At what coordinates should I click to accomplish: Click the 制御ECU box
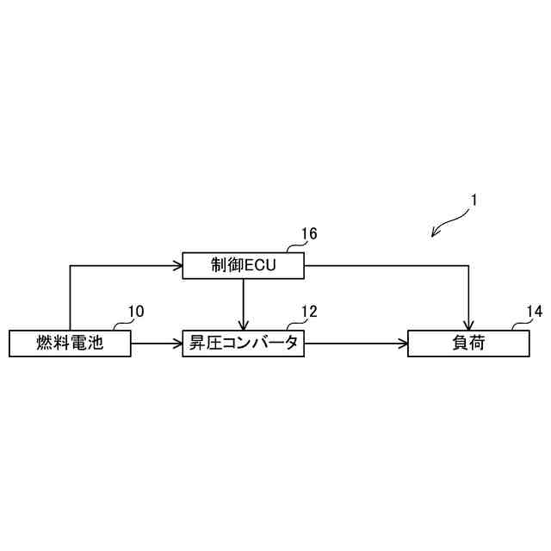pos(244,266)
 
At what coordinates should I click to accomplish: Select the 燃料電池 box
pos(70,344)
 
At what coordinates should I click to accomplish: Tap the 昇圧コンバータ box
pos(244,344)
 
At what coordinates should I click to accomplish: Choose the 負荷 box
pos(468,344)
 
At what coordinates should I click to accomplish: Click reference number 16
pos(308,233)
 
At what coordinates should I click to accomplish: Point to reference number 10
pos(136,311)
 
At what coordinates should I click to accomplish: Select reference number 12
pos(308,311)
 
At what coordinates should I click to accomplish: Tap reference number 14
pos(534,311)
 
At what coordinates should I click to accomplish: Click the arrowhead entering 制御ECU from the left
pos(178,266)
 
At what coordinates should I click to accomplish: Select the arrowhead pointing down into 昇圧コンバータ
pos(244,326)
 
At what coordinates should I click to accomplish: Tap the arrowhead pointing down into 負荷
pos(469,326)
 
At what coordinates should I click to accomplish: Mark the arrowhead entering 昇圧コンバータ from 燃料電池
pos(178,344)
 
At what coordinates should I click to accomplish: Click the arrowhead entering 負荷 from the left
pos(403,344)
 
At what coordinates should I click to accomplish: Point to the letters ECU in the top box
pos(259,266)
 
